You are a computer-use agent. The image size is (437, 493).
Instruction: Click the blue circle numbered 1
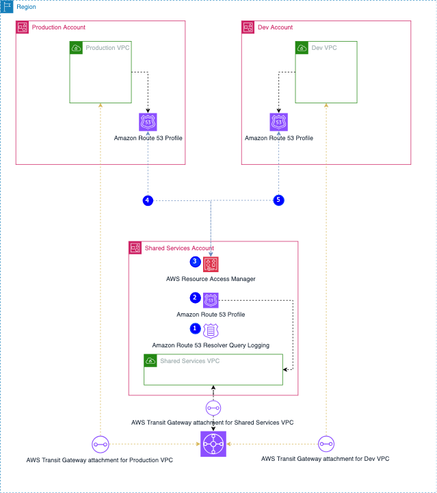[x=196, y=329]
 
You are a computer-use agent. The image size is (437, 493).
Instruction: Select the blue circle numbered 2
[x=195, y=298]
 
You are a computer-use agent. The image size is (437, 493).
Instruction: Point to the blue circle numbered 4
[x=148, y=200]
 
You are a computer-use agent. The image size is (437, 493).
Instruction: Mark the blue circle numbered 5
[x=278, y=200]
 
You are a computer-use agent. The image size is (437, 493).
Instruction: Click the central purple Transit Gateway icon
[x=213, y=444]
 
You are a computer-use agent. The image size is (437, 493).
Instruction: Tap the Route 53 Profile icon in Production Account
[x=148, y=122]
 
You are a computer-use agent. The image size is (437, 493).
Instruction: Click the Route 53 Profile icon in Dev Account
[x=278, y=122]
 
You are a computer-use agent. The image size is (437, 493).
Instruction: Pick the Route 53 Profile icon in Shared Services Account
[x=211, y=299]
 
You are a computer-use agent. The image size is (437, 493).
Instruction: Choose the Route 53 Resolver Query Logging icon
[x=211, y=331]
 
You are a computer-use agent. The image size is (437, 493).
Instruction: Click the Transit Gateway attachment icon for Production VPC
[x=100, y=443]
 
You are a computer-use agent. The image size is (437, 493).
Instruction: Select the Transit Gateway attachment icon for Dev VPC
[x=326, y=443]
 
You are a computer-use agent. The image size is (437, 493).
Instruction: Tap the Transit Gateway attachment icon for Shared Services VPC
[x=213, y=408]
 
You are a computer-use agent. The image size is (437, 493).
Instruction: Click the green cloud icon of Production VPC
[x=77, y=48]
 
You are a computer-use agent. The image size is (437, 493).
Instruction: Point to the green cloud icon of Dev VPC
[x=302, y=48]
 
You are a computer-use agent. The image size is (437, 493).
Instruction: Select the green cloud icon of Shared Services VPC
[x=150, y=360]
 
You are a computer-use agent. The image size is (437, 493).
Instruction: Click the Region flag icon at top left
[x=8, y=7]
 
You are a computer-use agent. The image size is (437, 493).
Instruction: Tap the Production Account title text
[x=59, y=27]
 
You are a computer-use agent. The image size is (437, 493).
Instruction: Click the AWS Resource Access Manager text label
[x=211, y=279]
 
